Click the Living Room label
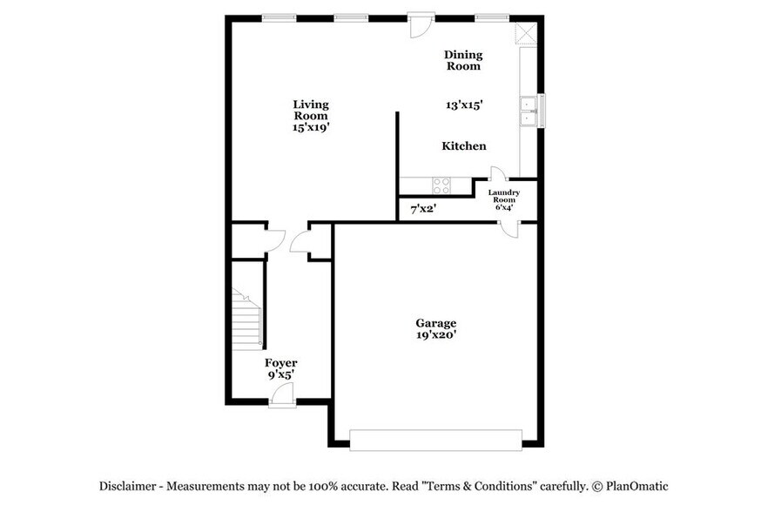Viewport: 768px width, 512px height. [311, 110]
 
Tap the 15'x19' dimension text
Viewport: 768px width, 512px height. [311, 127]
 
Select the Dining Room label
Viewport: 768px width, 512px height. [463, 59]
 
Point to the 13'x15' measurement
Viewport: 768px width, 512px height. [464, 104]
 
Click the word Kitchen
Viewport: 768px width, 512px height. [464, 146]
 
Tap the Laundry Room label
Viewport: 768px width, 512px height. [503, 196]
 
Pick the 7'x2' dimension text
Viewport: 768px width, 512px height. [423, 209]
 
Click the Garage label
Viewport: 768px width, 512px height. [435, 323]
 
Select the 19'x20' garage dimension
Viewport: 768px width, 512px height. [435, 335]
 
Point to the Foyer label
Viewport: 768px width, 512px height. [280, 363]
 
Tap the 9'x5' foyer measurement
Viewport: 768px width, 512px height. [280, 375]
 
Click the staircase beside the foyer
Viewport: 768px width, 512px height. [246, 320]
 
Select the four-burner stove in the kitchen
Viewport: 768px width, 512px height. [441, 185]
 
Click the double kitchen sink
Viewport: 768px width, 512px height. [528, 111]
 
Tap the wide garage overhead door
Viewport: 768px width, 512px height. [435, 440]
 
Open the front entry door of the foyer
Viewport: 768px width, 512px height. [281, 397]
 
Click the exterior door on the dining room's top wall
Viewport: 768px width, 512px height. [421, 25]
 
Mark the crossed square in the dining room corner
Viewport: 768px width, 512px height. [525, 33]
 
